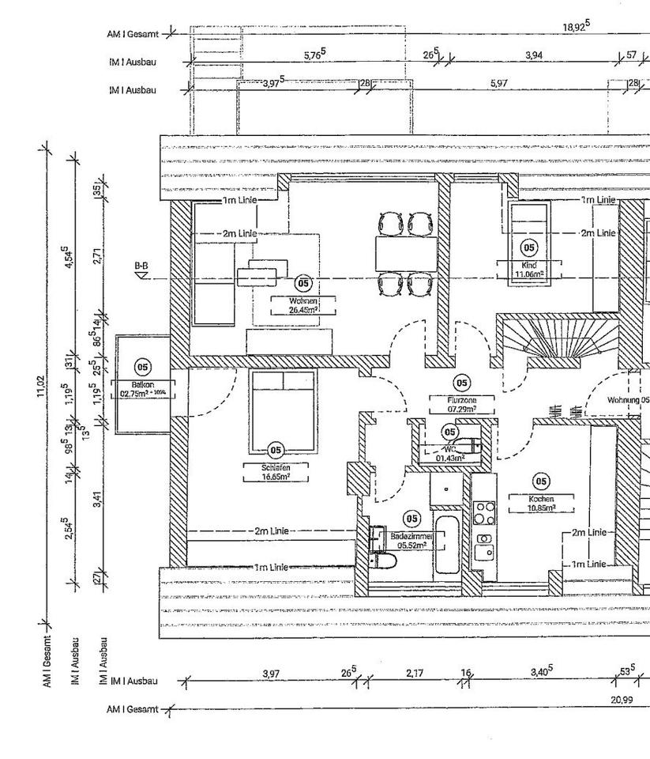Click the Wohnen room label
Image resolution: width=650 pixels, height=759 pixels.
(303, 301)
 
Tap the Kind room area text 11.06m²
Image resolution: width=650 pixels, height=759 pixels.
(529, 274)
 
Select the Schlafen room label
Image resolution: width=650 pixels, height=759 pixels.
(276, 467)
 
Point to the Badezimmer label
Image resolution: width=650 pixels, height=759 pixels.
(411, 536)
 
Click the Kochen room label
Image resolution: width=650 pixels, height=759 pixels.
(541, 499)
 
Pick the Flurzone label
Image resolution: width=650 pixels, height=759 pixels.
(461, 400)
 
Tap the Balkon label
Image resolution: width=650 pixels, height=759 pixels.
(142, 383)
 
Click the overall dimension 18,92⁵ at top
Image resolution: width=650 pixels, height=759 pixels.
(576, 27)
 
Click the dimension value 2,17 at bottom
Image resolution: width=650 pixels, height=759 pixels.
(415, 673)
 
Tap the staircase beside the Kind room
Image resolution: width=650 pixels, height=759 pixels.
(557, 341)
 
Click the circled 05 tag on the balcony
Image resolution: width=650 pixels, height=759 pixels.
(142, 366)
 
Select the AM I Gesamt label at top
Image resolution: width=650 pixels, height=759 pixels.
(133, 34)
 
